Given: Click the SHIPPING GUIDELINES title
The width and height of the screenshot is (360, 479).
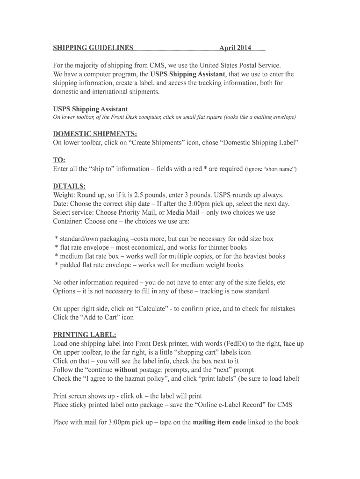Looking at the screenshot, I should [93, 48].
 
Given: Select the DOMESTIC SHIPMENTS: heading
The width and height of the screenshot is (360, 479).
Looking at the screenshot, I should [95, 133].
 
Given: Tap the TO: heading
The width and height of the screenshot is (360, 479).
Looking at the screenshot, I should [59, 160].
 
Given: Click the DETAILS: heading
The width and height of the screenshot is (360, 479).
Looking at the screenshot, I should [69, 186].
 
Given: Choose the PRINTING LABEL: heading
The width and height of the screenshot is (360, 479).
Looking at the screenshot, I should [85, 335].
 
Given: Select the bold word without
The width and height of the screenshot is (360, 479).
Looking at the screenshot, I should [125, 370].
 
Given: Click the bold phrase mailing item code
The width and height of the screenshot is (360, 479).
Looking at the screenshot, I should [219, 422].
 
